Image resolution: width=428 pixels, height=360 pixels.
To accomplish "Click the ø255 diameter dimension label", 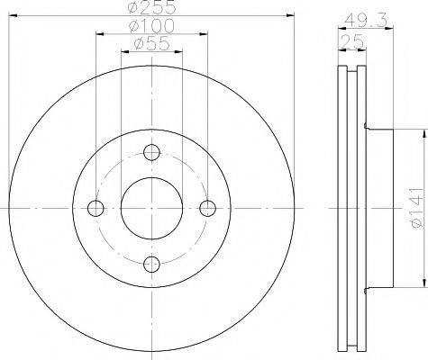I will tap(151, 7).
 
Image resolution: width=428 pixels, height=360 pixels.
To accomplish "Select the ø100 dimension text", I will tap(151, 26).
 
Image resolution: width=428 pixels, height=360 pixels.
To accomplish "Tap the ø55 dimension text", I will tap(151, 43).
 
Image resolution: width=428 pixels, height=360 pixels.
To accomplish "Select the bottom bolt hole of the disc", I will tap(151, 263).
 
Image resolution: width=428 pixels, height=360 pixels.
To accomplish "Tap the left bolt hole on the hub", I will tap(96, 208).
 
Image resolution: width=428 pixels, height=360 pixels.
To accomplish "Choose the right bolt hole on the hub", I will tap(207, 208).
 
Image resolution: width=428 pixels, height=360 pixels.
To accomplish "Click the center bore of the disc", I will tap(151, 208).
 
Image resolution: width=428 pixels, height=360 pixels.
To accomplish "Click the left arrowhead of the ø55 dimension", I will tap(123, 50).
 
